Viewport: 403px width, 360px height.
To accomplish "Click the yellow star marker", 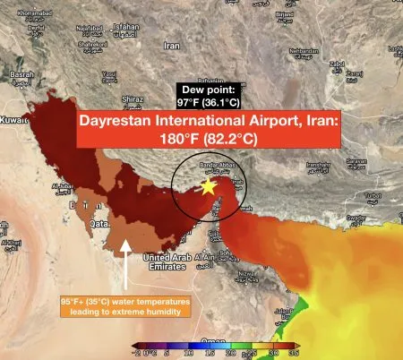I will tap(208, 186).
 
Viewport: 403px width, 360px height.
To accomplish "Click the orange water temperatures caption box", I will tap(125, 306).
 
